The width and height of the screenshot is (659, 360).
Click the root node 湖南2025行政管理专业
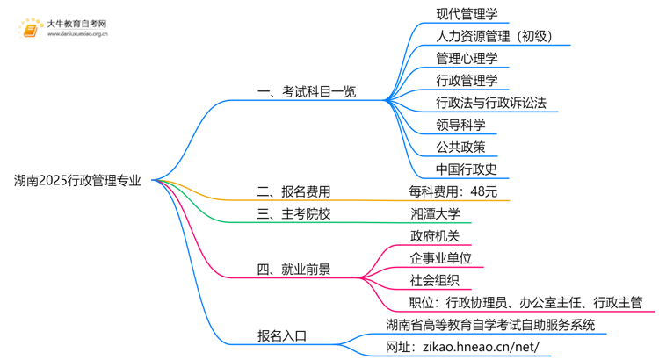[77, 181]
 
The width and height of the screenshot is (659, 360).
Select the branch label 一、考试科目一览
[306, 91]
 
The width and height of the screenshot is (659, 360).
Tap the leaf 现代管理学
[467, 14]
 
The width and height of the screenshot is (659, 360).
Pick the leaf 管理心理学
[467, 59]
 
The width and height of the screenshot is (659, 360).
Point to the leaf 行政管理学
[467, 81]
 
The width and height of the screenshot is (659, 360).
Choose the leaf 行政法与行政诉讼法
[491, 103]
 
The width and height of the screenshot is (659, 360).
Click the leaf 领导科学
[460, 125]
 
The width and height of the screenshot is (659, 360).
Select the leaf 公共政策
[460, 147]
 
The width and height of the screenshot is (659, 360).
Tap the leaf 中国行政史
[467, 169]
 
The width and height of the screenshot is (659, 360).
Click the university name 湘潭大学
[435, 213]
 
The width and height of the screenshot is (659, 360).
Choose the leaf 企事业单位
[441, 258]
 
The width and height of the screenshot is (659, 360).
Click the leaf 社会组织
[435, 280]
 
